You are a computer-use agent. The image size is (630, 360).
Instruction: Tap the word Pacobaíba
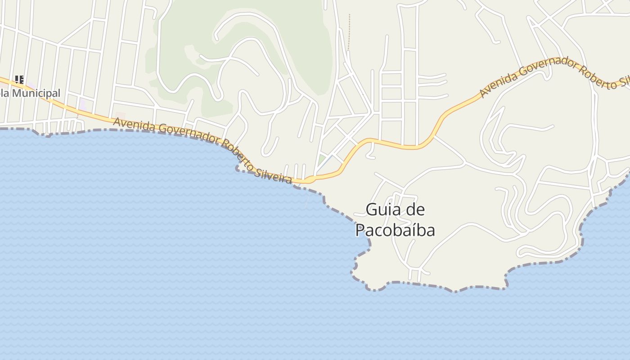point(395,230)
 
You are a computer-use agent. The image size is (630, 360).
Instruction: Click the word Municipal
point(36,93)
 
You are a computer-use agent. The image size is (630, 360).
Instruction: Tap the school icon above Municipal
point(19,80)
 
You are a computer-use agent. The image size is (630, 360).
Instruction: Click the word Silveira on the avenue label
point(273,174)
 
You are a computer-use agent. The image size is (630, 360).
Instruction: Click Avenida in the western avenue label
point(130,123)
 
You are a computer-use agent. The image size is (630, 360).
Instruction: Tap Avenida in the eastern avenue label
point(497,83)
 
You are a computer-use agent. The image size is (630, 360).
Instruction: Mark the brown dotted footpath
point(349,31)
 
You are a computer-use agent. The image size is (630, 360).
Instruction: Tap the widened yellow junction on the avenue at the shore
point(310,180)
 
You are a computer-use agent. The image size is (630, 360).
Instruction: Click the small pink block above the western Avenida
point(120,116)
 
